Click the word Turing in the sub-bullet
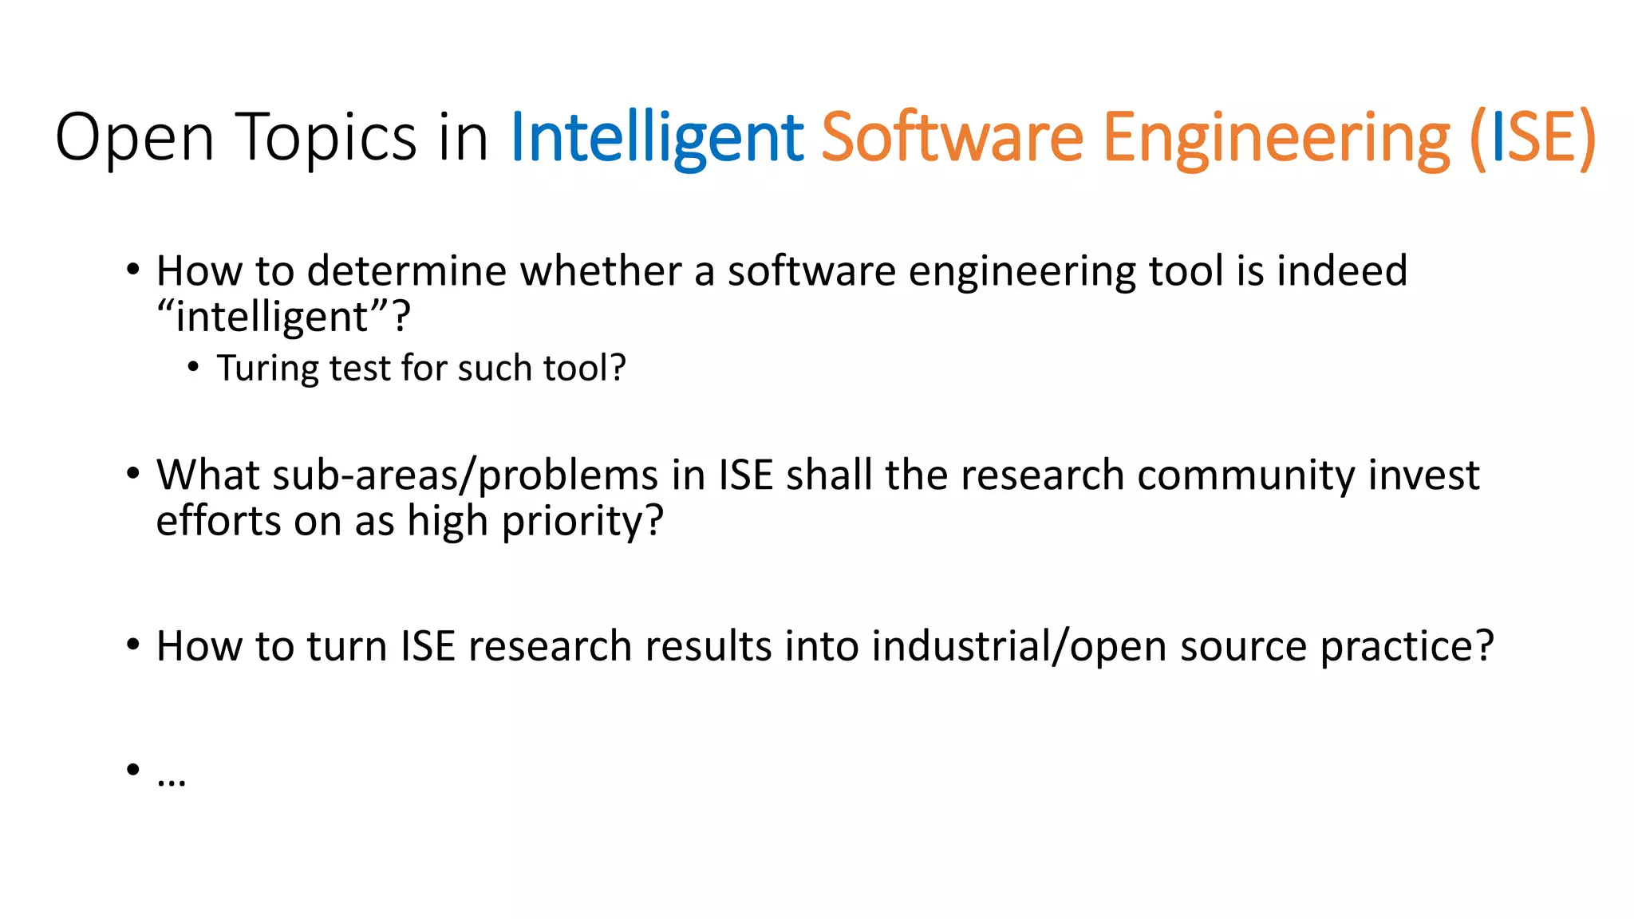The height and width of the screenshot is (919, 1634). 267,369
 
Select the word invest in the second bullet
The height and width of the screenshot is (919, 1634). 1423,475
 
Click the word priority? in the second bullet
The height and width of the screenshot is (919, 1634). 582,522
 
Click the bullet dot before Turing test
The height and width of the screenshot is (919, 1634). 193,368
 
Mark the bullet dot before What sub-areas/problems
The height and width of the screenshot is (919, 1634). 133,474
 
